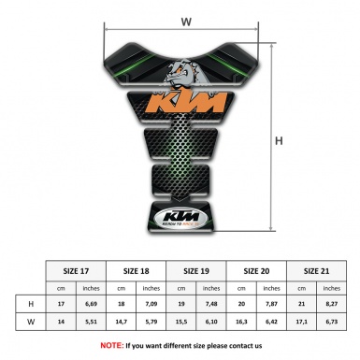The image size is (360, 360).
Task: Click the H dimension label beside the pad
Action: point(279,141)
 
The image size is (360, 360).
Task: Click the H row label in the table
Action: point(32,304)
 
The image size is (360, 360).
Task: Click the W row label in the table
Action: point(32,324)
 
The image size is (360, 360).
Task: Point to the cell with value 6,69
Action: point(92,304)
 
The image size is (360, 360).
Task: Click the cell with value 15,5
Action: point(184,324)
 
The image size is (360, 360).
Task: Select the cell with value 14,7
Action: point(123,324)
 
